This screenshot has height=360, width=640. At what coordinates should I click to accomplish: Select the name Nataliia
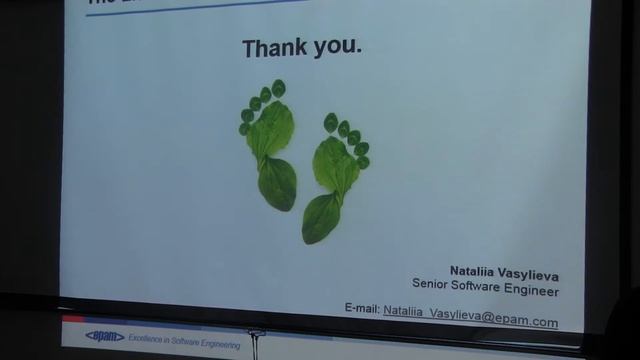[472, 271]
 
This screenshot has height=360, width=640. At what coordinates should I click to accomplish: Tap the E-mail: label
[361, 309]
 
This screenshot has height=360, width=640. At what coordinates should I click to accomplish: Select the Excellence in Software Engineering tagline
[183, 342]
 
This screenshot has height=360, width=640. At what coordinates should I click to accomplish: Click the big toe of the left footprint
[278, 88]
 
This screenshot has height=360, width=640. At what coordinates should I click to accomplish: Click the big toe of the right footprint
[330, 122]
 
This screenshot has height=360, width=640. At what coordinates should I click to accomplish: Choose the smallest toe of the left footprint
[244, 129]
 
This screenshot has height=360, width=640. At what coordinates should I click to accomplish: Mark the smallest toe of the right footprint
[364, 162]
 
